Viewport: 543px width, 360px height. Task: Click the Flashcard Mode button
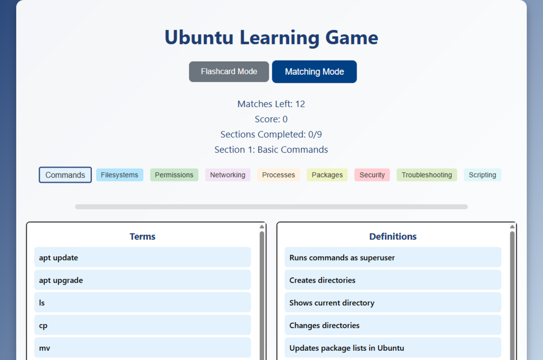(x=229, y=72)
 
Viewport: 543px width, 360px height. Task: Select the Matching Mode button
(x=314, y=72)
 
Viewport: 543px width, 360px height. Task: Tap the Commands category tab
(x=65, y=175)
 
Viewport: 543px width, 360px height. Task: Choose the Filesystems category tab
(x=119, y=175)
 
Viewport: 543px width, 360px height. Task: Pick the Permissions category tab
(x=174, y=175)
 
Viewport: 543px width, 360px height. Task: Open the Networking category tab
(x=227, y=175)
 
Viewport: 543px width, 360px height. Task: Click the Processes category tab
(x=278, y=175)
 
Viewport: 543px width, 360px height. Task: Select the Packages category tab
(x=327, y=175)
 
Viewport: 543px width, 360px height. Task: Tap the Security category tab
(x=372, y=175)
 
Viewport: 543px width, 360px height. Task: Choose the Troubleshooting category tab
(x=426, y=175)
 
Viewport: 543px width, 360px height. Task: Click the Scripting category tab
(x=482, y=175)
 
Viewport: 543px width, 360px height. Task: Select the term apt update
(x=143, y=258)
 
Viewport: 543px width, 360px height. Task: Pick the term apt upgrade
(x=143, y=281)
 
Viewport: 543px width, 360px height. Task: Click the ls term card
(x=143, y=303)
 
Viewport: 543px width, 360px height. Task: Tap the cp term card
(x=143, y=326)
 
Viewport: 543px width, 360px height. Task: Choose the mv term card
(x=143, y=348)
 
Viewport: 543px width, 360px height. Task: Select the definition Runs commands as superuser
(x=393, y=258)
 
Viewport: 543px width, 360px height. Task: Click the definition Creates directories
(x=393, y=281)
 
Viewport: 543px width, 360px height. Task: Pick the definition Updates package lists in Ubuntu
(x=393, y=348)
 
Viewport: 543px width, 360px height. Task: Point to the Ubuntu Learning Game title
(x=271, y=38)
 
